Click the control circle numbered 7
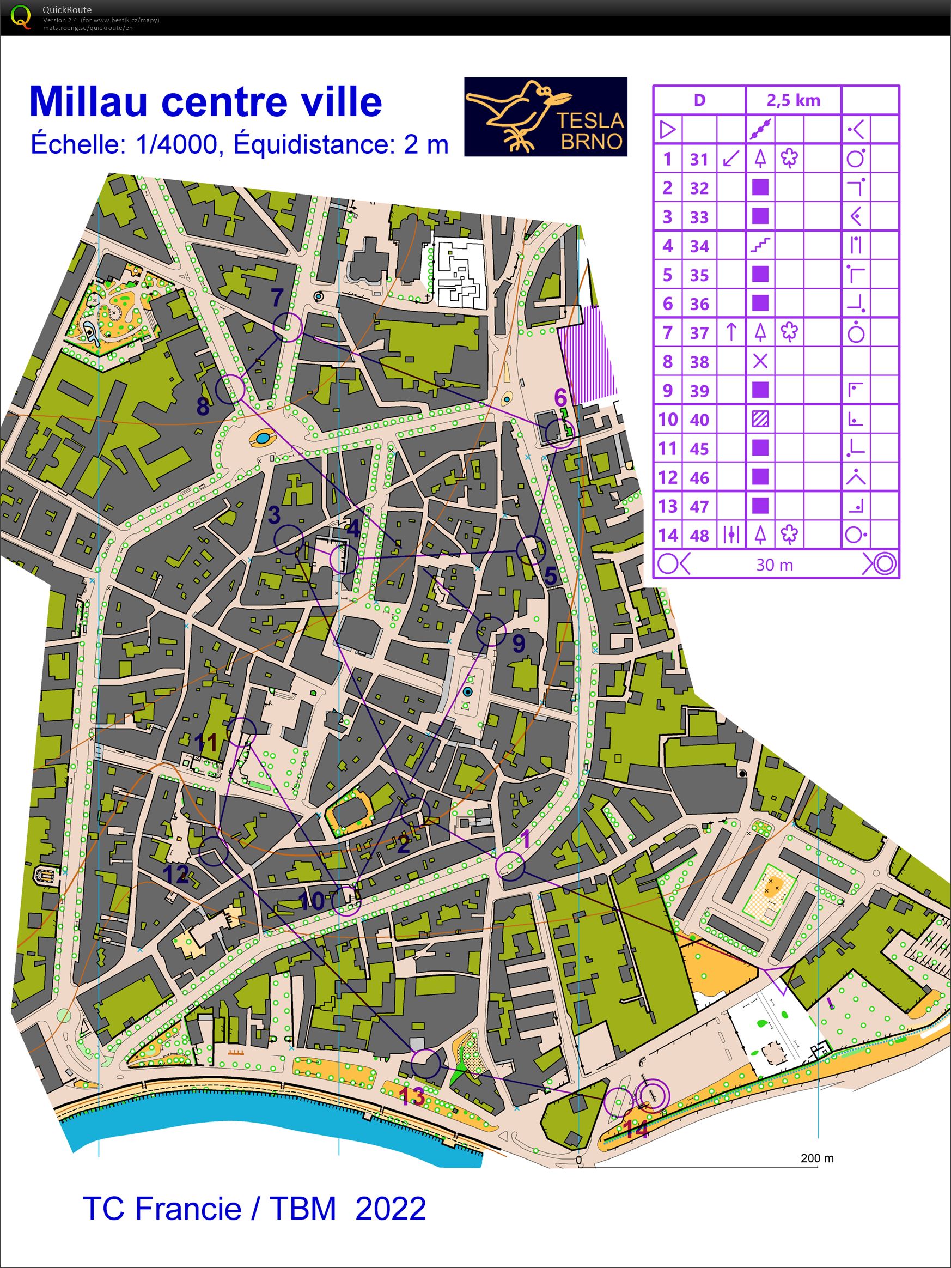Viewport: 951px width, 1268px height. coord(288,327)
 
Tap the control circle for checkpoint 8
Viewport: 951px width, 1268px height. coord(230,389)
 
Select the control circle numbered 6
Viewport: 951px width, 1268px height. coord(559,434)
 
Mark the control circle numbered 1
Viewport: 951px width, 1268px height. coord(510,866)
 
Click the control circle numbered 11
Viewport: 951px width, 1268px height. coord(242,732)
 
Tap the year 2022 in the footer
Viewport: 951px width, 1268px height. coord(391,1208)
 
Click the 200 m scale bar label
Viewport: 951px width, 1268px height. coord(817,1158)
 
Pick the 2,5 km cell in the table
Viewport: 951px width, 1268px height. coord(794,100)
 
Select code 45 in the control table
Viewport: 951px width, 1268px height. coord(699,449)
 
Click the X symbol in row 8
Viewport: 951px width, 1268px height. coord(760,361)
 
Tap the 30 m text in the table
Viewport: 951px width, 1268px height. coord(775,565)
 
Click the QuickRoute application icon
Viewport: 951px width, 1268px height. coord(21,17)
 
